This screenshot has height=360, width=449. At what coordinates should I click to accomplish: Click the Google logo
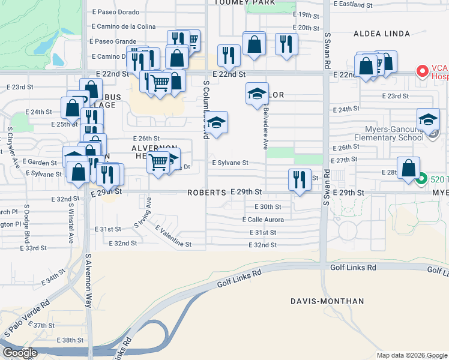coord(20,353)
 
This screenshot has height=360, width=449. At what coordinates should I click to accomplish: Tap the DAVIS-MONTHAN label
coord(318,301)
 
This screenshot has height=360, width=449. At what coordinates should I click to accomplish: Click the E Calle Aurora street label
coord(263,220)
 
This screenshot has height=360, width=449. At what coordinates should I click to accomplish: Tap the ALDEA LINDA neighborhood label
coord(384,34)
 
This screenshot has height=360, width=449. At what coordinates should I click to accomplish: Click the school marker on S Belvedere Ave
coord(257,94)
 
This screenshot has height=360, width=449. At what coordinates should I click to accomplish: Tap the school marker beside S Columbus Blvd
coord(217,122)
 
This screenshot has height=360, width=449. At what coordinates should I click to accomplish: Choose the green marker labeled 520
coord(422,179)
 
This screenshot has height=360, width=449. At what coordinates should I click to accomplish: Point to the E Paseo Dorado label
coord(115,12)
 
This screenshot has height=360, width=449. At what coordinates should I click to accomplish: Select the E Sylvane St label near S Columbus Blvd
coord(230,163)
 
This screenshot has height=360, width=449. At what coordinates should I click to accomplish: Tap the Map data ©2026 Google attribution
coord(412,355)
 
